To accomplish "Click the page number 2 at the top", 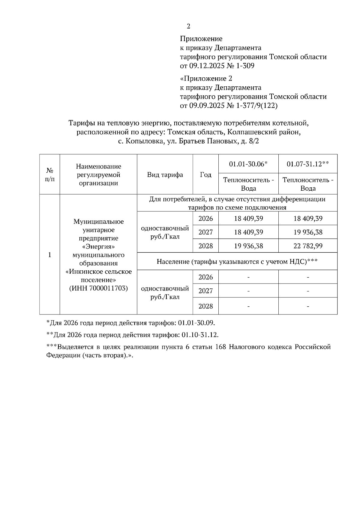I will (x=188, y=26).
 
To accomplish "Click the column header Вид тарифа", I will (x=165, y=175).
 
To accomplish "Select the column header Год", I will (x=205, y=175).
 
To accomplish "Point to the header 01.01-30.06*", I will (x=248, y=164).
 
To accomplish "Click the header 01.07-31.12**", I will (x=308, y=164).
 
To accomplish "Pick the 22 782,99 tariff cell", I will (x=308, y=246).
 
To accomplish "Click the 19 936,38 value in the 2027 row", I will (x=308, y=232).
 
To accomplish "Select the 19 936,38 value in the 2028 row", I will (x=248, y=246).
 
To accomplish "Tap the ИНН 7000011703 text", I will (x=98, y=288).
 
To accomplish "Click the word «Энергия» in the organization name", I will (x=98, y=247).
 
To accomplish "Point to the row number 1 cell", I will (x=49, y=255).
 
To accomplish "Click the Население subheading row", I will (x=237, y=262).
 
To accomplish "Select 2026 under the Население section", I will (x=205, y=277).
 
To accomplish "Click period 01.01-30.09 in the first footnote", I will (x=196, y=323).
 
